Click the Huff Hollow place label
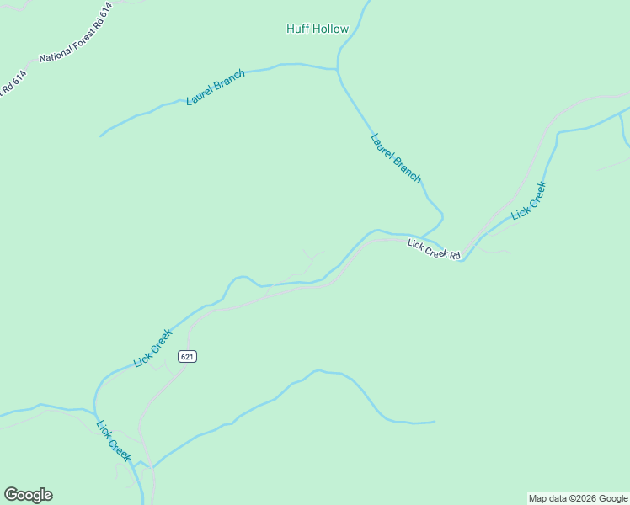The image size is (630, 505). (x=318, y=29)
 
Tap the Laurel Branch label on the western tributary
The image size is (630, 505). (x=216, y=88)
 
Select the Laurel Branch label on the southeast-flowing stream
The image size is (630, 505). (x=395, y=158)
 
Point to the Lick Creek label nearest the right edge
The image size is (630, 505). (x=529, y=200)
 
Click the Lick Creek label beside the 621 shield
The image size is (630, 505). (x=152, y=348)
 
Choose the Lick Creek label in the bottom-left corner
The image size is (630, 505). (x=114, y=440)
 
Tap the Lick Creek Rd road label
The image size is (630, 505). (x=434, y=250)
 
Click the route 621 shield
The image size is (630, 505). (x=187, y=357)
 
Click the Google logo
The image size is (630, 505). (x=28, y=495)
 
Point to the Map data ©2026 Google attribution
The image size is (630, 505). (x=578, y=498)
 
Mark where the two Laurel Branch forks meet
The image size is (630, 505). (x=338, y=68)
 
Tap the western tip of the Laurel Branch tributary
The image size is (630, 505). (x=100, y=136)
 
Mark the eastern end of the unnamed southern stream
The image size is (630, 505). (x=435, y=422)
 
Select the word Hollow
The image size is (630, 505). (x=331, y=29)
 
